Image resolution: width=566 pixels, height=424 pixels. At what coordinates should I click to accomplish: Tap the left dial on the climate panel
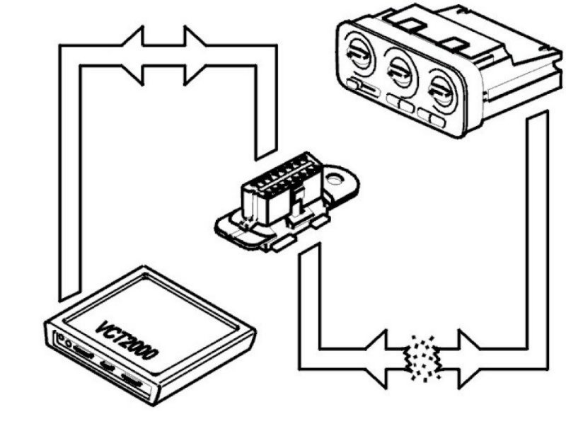point(359,56)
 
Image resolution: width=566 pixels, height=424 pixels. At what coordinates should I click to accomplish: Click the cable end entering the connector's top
point(266,152)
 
